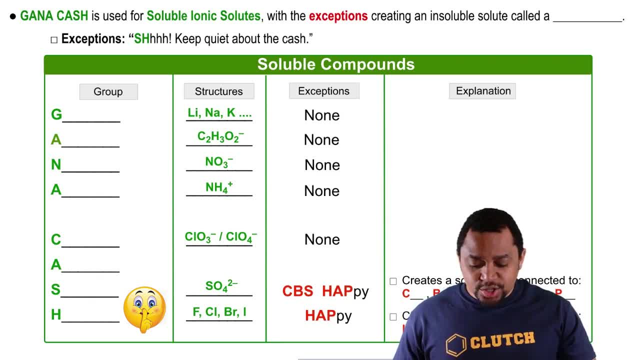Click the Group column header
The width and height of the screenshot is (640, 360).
click(x=108, y=91)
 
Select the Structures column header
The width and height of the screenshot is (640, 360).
click(x=218, y=91)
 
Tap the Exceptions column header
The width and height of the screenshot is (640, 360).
click(x=323, y=90)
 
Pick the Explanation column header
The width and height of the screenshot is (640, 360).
click(x=482, y=90)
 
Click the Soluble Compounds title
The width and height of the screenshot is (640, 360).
click(x=335, y=64)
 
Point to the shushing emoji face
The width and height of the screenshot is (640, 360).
click(x=144, y=309)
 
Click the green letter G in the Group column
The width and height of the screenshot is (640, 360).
click(x=56, y=114)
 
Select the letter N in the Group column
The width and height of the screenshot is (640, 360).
click(x=56, y=164)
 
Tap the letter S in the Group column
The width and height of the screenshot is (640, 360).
click(x=55, y=289)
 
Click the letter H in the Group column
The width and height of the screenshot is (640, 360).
click(x=56, y=314)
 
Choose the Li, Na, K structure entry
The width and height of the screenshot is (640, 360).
click(x=219, y=113)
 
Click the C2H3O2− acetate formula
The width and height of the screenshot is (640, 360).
click(x=220, y=137)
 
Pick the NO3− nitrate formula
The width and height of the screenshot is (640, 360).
click(x=219, y=162)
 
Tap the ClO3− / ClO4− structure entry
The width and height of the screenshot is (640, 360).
click(x=220, y=237)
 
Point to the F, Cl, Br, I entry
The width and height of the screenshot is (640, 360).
click(x=219, y=312)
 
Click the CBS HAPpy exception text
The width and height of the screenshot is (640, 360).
click(x=325, y=291)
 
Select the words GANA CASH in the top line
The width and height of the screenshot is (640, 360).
click(x=54, y=16)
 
